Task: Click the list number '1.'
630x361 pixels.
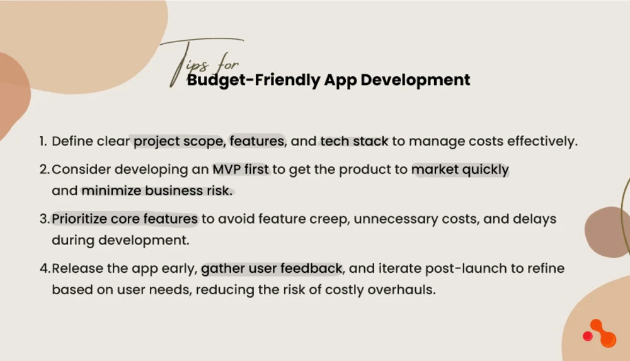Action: click(43, 141)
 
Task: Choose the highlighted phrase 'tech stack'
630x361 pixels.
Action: click(354, 141)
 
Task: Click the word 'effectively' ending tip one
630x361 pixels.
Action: click(545, 141)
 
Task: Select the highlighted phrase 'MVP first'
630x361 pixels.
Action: click(240, 170)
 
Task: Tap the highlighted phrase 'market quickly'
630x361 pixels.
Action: click(460, 170)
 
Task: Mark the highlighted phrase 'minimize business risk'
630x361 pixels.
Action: click(156, 190)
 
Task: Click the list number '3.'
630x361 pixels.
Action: click(44, 219)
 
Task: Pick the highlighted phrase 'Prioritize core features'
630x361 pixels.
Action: click(125, 219)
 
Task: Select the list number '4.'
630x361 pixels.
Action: click(44, 269)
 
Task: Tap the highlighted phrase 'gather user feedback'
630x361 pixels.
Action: click(272, 269)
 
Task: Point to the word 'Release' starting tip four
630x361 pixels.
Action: click(72, 269)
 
